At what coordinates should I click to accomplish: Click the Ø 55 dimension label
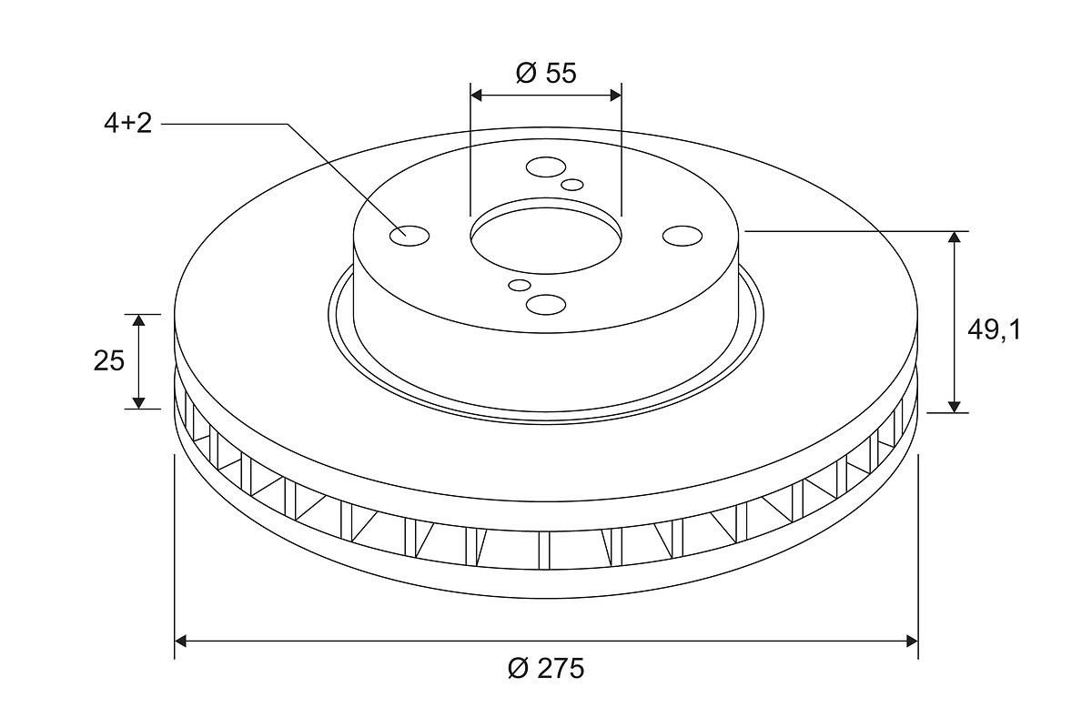pos(545,73)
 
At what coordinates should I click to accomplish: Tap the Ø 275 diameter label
pos(545,668)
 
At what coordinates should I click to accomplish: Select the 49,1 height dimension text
pos(994,330)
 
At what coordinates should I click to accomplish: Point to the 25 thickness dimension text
pos(109,361)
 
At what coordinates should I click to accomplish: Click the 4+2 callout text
pos(127,124)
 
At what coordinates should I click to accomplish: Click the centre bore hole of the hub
pos(545,240)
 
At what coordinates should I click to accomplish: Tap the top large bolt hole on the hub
pos(546,167)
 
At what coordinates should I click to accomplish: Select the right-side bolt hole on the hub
pos(682,236)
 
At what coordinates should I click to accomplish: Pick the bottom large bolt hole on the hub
pos(546,304)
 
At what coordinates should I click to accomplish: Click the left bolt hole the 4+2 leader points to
pos(409,236)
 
